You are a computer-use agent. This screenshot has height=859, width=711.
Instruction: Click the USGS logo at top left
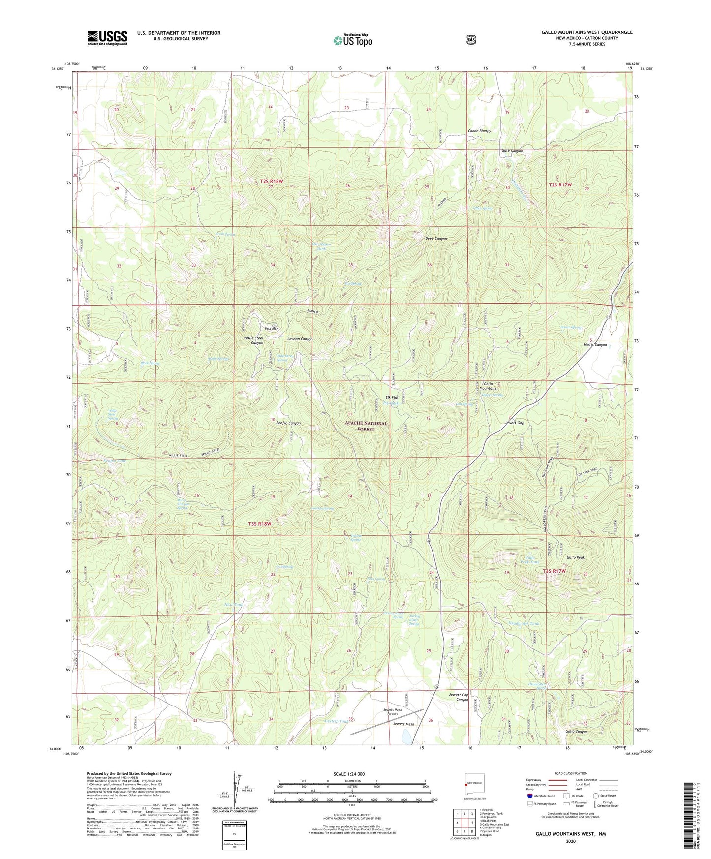pyautogui.click(x=107, y=38)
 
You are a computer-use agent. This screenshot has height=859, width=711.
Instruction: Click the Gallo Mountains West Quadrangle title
pyautogui.click(x=587, y=32)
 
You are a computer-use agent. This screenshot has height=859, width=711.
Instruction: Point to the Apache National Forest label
pyautogui.click(x=366, y=426)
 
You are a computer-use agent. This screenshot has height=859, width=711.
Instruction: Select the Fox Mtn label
pyautogui.click(x=272, y=328)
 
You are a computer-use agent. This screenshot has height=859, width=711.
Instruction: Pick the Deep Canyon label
pyautogui.click(x=436, y=239)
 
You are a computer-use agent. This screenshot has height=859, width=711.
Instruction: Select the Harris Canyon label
pyautogui.click(x=595, y=345)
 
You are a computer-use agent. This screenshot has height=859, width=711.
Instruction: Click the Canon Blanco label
pyautogui.click(x=479, y=131)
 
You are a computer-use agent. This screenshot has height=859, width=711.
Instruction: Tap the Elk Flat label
pyautogui.click(x=391, y=397)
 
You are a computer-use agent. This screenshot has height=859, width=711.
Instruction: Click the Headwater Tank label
pyautogui.click(x=523, y=624)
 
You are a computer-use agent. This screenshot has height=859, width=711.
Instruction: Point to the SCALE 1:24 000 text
pyautogui.click(x=349, y=774)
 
